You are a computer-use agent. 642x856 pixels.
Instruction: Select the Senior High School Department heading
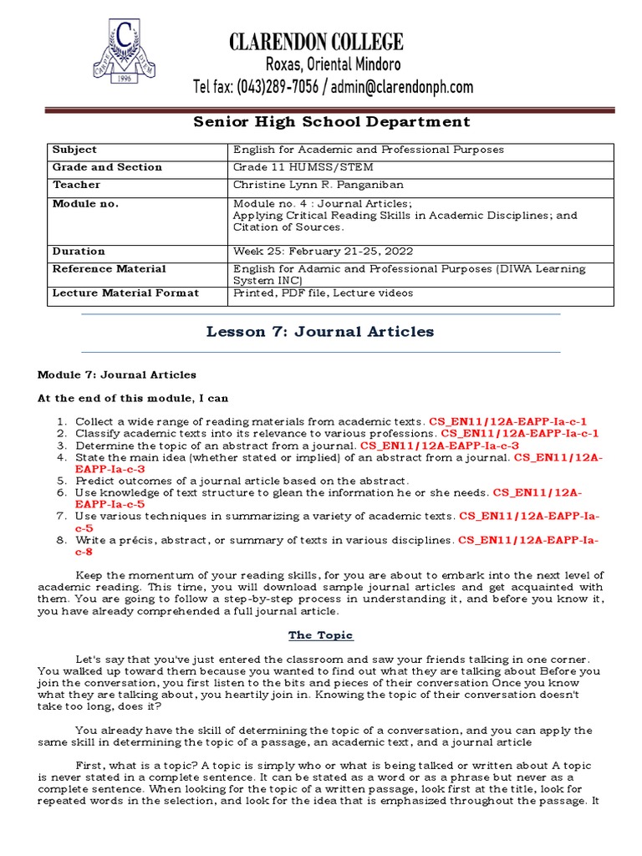coord(332,122)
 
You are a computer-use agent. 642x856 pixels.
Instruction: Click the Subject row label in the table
coord(74,150)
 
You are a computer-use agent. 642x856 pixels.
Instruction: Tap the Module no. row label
coord(85,203)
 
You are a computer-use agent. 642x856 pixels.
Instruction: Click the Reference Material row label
coord(109,268)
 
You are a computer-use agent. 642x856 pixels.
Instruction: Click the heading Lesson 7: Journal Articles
coord(320,332)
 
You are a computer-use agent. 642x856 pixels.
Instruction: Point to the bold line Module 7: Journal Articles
coord(117,374)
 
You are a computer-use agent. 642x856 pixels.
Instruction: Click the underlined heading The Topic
coord(320,635)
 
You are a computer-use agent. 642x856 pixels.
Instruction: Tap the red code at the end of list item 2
coord(520,434)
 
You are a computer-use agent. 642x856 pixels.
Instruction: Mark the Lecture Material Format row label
coord(125,293)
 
